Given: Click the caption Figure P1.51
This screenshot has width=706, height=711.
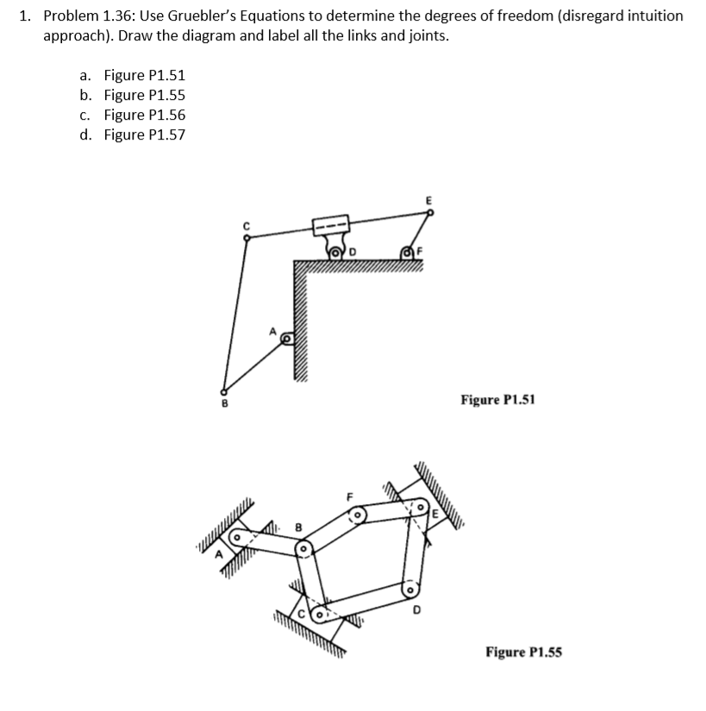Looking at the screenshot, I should (497, 400).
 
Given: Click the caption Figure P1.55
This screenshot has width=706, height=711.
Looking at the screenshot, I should (523, 652).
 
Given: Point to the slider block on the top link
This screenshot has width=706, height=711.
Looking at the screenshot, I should (331, 227).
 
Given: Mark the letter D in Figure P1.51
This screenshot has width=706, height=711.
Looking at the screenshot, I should (353, 252).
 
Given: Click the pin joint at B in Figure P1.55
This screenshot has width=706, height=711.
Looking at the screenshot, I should (303, 547).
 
